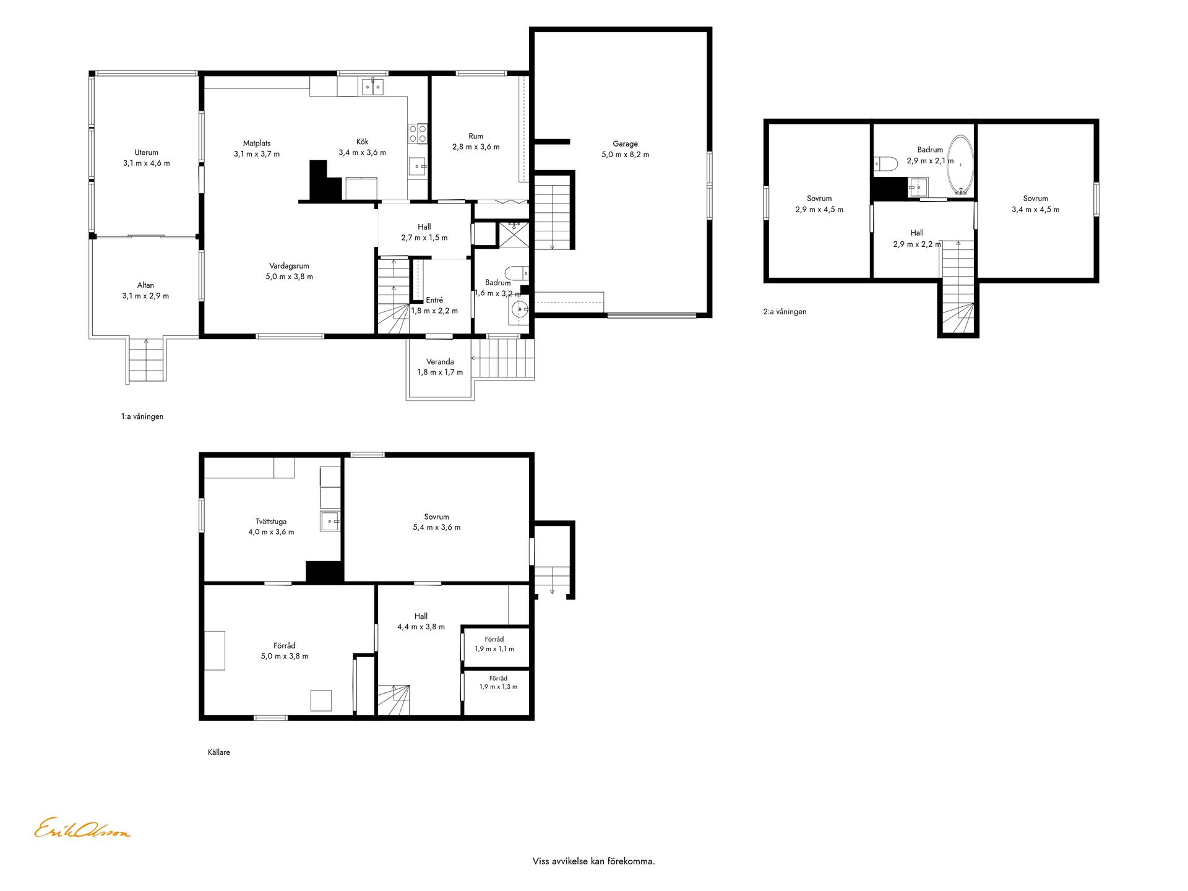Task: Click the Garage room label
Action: (x=625, y=144)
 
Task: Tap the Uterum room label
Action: (x=146, y=152)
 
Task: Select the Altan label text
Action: (x=145, y=285)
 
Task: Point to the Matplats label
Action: (x=256, y=144)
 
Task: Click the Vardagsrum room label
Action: (x=289, y=266)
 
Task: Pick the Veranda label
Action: (x=440, y=362)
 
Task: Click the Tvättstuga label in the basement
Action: (x=271, y=522)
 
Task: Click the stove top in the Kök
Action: (x=418, y=134)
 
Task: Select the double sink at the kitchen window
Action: (x=372, y=87)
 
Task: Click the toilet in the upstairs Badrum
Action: (x=885, y=164)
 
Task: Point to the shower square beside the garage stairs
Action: (x=514, y=235)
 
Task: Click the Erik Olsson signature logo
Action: (x=82, y=829)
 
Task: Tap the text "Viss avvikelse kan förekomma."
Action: (x=593, y=861)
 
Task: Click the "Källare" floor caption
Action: (x=219, y=752)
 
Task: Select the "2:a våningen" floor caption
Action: (x=785, y=312)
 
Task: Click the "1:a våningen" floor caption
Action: (x=142, y=416)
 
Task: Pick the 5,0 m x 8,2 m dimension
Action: (x=625, y=155)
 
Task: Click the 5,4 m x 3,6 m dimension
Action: (x=437, y=528)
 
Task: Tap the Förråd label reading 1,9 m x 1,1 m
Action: (x=494, y=644)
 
